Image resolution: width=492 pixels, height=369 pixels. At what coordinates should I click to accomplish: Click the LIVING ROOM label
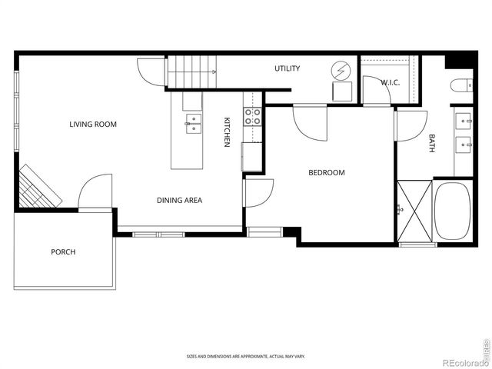(x=93, y=124)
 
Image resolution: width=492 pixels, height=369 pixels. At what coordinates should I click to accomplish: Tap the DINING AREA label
(x=179, y=201)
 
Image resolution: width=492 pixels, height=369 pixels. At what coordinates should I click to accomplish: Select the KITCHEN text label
(x=227, y=131)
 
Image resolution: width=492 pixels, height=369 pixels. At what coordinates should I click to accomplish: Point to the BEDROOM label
(x=326, y=173)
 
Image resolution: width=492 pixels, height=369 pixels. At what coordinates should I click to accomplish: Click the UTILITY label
(x=287, y=69)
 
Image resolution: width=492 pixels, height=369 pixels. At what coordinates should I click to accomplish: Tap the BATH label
(x=431, y=143)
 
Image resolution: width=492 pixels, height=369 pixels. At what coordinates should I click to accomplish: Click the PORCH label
(x=63, y=252)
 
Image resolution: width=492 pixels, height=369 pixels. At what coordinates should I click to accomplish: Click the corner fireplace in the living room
(x=38, y=187)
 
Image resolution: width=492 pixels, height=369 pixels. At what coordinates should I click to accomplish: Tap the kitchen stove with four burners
(x=252, y=117)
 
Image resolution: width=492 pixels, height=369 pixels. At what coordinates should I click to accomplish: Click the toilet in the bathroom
(x=462, y=85)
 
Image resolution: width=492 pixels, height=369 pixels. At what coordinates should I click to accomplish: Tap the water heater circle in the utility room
(x=340, y=71)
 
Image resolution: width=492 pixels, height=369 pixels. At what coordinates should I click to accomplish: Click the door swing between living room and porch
(x=95, y=192)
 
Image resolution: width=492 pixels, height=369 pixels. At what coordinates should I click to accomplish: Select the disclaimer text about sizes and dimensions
(x=245, y=356)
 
